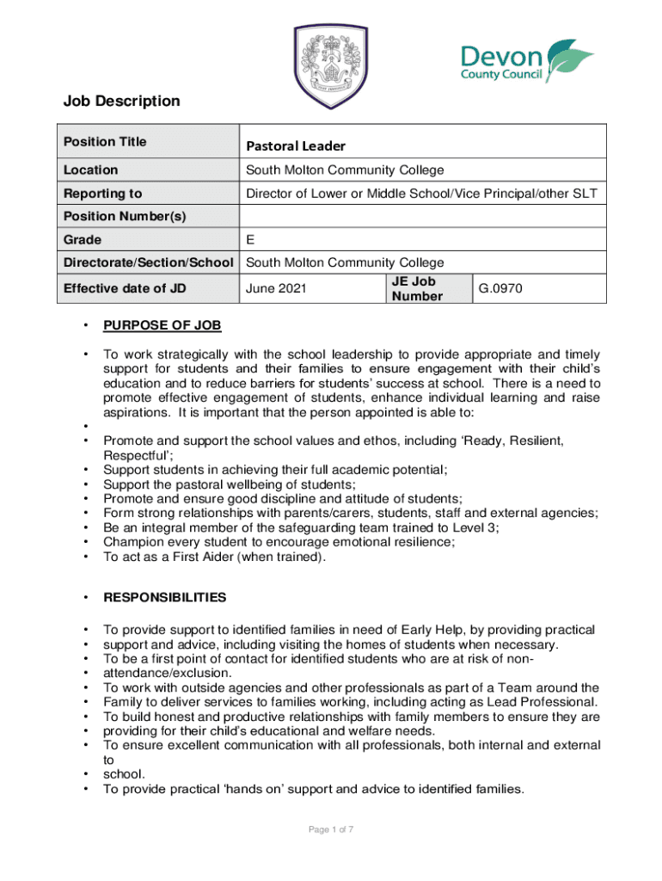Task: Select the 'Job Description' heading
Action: tap(121, 102)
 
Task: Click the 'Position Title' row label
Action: tap(105, 141)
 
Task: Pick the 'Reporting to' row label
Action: tap(102, 194)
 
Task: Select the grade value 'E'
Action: tap(250, 239)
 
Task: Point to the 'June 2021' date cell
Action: tap(277, 289)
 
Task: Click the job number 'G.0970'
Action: tap(500, 289)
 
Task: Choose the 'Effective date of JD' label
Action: tap(125, 288)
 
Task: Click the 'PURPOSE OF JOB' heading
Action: tap(162, 325)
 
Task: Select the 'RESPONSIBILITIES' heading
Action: tap(165, 597)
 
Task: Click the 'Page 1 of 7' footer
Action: tap(331, 829)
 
